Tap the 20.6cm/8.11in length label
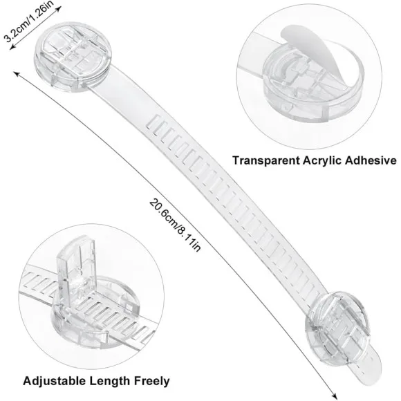175,226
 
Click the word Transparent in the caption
266,160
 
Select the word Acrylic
322,161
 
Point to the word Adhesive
371,160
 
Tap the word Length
110,382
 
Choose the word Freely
152,382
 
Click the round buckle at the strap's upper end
73,56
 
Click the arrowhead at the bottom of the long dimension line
334,395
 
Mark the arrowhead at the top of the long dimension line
17,75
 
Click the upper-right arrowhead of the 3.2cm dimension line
59,9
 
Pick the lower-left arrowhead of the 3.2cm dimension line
12,46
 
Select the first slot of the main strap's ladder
151,122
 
